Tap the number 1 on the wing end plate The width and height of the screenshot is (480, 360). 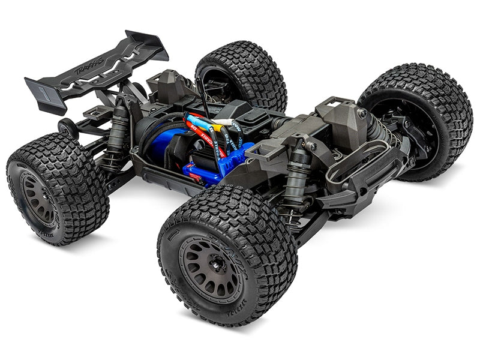(x=43, y=92)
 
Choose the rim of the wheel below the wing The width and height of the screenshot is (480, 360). (x=38, y=199)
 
